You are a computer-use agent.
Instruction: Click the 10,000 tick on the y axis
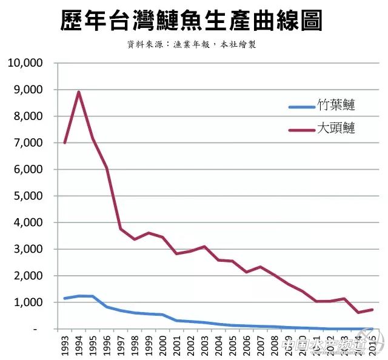click(x=25, y=63)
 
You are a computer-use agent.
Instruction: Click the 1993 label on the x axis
click(x=65, y=347)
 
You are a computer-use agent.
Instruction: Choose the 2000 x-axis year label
click(x=163, y=347)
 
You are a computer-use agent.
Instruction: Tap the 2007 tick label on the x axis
click(x=261, y=347)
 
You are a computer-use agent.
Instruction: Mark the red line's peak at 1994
click(x=79, y=92)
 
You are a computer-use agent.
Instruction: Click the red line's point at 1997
click(x=121, y=228)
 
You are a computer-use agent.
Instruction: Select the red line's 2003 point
click(x=205, y=246)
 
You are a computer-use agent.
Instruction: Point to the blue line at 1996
click(x=107, y=307)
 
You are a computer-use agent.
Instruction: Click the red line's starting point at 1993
click(x=65, y=142)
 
